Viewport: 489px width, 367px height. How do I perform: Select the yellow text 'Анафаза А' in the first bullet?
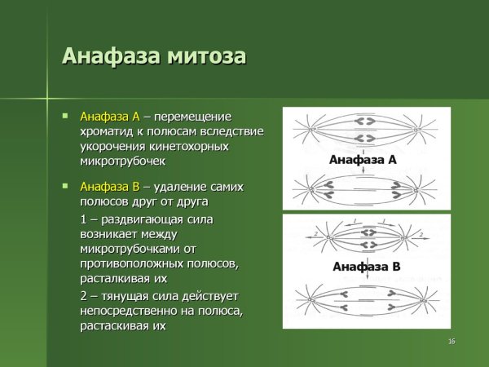110,116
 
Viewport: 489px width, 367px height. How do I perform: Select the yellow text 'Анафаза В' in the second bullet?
110,186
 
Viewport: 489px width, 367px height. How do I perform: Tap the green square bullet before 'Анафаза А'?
66,115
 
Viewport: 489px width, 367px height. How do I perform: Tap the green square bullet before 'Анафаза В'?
66,186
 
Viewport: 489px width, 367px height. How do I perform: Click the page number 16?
451,340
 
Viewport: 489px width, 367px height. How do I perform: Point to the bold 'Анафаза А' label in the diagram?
363,160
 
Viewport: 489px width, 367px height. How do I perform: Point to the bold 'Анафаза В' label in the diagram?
367,267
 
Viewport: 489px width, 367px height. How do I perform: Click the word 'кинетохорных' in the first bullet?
190,146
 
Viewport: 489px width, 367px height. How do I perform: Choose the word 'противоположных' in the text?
130,263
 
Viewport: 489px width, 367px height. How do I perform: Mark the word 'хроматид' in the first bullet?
104,130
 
